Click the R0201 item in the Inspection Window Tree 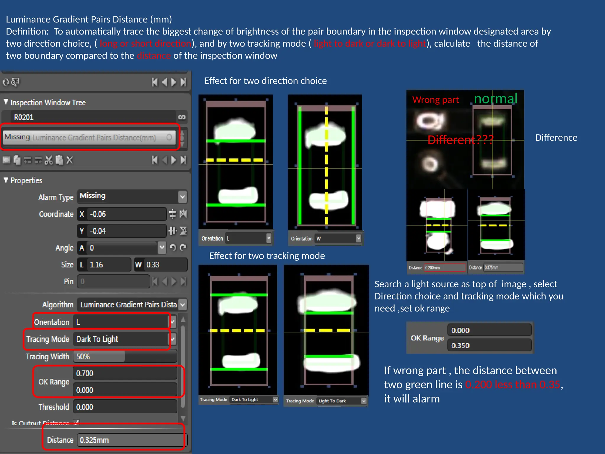89,117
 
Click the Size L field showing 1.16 104,265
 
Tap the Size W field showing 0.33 161,265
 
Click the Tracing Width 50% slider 126,356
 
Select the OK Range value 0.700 125,373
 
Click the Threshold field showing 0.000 125,407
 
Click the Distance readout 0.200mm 444,267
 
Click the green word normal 496,99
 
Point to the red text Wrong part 435,100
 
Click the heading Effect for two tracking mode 267,256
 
